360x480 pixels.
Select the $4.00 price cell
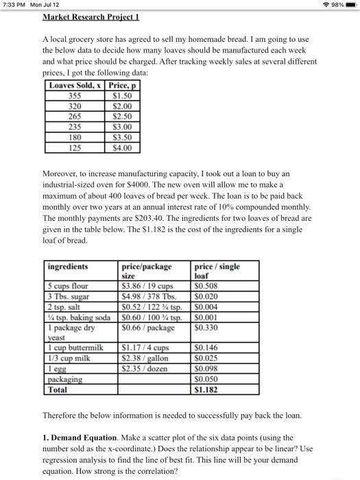click(125, 147)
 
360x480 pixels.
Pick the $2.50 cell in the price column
click(125, 115)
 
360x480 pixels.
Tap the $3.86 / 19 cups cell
click(147, 287)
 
